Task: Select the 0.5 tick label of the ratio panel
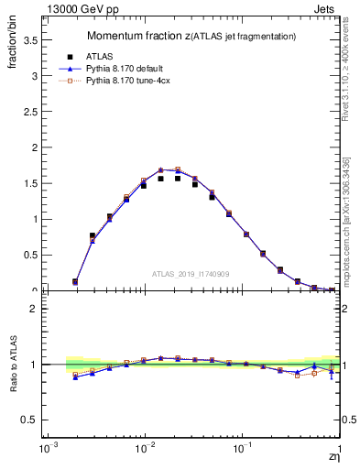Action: [31, 420]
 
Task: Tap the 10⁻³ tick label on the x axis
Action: [46, 452]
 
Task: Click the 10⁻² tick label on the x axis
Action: [144, 452]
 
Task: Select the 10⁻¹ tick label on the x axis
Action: [242, 452]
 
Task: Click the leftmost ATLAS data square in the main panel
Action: [75, 281]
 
